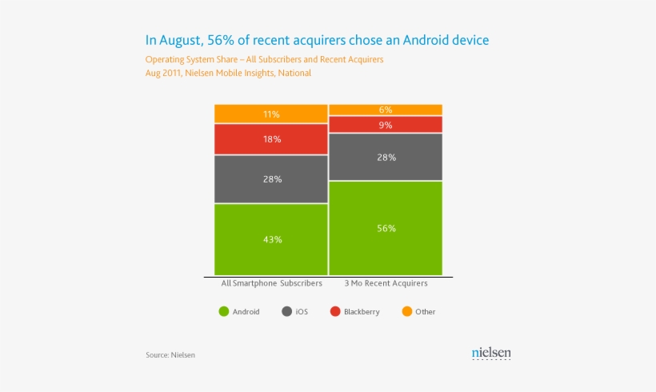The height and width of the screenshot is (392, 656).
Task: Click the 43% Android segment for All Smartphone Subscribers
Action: point(271,239)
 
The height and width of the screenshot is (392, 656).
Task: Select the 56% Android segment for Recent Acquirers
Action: point(386,228)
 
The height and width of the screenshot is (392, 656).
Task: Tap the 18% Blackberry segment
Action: point(271,139)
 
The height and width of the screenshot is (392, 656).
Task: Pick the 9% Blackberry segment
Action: point(386,125)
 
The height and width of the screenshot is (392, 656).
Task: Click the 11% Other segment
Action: point(271,114)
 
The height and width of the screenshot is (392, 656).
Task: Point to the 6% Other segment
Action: point(386,110)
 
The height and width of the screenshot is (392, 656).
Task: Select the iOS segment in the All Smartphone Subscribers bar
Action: point(271,179)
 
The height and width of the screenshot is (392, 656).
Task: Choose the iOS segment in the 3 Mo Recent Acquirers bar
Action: point(386,158)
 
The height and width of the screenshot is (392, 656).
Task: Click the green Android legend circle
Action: point(223,311)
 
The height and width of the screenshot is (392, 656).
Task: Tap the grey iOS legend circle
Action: point(286,311)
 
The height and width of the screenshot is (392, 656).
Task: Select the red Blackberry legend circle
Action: point(335,311)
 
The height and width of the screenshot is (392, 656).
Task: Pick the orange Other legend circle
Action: point(406,311)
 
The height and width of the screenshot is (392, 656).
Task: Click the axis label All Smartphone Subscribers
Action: point(271,283)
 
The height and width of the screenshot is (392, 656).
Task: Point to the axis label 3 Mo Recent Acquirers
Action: point(386,283)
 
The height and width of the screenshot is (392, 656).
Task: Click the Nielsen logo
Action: point(491,353)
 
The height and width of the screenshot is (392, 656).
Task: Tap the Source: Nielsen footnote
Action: point(170,354)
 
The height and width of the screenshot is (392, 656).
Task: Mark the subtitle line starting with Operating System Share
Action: point(264,60)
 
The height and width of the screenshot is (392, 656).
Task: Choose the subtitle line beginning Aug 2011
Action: point(228,73)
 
